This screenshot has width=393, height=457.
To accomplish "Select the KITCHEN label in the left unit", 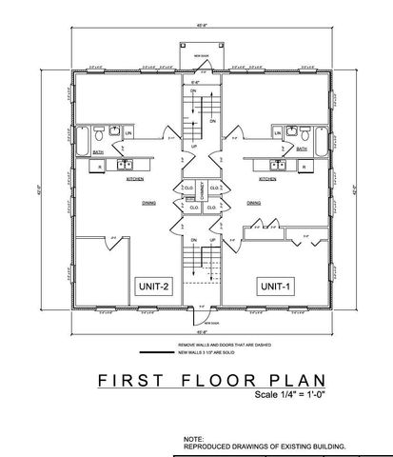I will [x=135, y=179].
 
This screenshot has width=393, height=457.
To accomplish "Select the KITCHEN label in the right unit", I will [x=267, y=179].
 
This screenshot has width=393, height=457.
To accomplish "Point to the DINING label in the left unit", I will [x=148, y=202].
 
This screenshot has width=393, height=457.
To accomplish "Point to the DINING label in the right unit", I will [x=255, y=202].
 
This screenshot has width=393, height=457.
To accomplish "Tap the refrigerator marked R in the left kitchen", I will [x=101, y=167].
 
